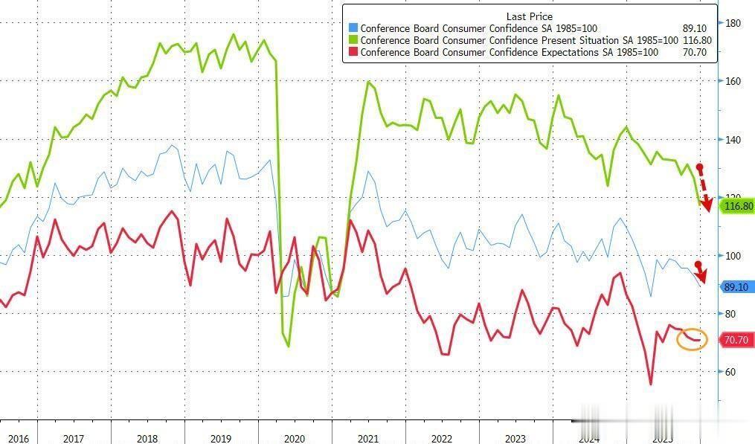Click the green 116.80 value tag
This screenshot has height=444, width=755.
point(738,206)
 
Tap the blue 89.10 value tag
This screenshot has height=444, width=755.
point(738,286)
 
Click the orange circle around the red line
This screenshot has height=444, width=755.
point(692,339)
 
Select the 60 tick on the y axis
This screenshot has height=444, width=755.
point(731,372)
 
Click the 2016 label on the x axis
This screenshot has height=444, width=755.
point(18,439)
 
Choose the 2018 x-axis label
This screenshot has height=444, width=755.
point(147,439)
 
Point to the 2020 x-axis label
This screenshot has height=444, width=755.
point(295,439)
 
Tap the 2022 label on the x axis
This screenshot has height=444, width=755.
point(442,439)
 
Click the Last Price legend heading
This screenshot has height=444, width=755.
point(529,16)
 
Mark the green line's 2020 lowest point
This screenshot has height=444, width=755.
point(289,347)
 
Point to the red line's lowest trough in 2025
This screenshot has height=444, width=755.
point(651,385)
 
